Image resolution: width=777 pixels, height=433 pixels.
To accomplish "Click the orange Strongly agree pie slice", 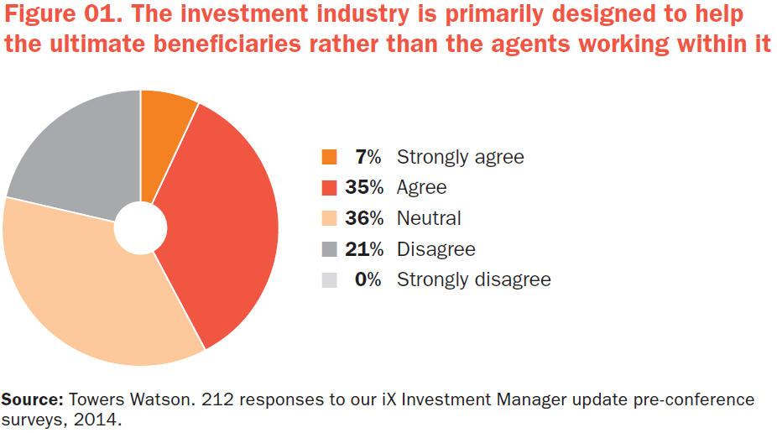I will [163, 134].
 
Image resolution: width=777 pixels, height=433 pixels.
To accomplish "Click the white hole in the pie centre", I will [141, 227].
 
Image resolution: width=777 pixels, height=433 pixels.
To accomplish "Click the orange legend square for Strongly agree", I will [329, 157].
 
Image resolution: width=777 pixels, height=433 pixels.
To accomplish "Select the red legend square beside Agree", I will [329, 187].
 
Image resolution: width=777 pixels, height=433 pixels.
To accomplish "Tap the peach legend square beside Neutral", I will [329, 218].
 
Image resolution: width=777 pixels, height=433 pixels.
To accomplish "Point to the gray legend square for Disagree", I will [329, 248].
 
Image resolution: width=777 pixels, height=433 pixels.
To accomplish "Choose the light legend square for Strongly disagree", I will [329, 279].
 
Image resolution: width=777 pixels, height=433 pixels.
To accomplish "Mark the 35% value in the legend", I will [364, 187].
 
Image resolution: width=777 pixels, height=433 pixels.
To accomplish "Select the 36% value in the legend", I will [364, 218].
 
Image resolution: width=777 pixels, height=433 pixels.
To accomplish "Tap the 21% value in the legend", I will [364, 248].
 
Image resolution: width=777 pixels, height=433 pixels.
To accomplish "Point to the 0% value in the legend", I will [368, 279].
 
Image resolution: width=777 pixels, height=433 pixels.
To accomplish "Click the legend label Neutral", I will [429, 218].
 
